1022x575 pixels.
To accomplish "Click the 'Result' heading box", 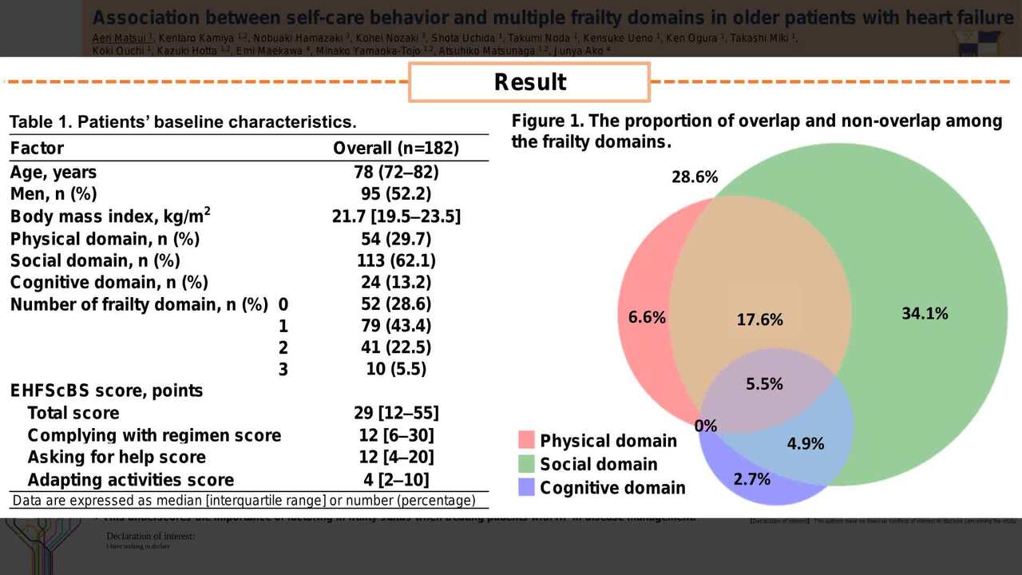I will pos(529,82).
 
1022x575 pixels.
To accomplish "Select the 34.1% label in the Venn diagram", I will pos(925,314).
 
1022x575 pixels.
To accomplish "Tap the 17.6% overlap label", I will pos(759,319).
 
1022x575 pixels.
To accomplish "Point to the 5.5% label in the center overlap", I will pos(764,383).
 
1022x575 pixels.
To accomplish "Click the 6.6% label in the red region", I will pos(647,317).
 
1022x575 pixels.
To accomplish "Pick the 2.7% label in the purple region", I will pos(751,479).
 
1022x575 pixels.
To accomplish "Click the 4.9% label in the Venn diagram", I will pos(805,444).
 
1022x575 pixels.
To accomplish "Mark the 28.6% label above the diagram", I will pos(694,177).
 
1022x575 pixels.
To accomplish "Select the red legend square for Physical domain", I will pos(526,440).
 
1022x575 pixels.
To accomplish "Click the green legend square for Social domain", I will pos(526,464).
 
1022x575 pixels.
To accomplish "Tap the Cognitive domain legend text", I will pos(612,488).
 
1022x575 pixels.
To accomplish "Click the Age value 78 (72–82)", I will pos(396,172).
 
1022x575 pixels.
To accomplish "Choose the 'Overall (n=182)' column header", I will pos(396,149).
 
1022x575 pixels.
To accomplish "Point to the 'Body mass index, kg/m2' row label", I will pos(110,216).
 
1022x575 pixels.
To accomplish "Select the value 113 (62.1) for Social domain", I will pos(396,260).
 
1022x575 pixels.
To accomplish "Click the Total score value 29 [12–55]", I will pos(396,413).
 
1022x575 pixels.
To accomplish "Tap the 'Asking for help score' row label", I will pos(117,458).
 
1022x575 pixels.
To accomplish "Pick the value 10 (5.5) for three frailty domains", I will pos(396,369).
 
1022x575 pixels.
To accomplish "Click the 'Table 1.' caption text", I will pos(183,122).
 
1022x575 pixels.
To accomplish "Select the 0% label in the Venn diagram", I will pos(705,426).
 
